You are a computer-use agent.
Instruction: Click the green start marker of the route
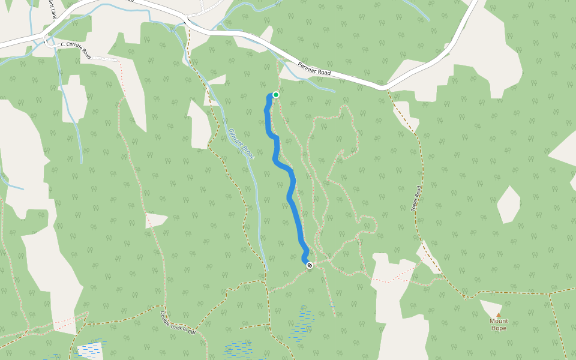276,94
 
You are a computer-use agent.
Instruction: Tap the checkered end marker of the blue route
310,265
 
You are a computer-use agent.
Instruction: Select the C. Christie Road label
76,49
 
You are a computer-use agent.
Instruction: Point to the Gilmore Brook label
241,145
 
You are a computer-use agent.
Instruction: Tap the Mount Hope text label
499,325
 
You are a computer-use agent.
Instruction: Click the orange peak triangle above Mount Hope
498,314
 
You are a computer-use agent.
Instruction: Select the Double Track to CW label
178,323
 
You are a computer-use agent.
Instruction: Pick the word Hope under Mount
499,328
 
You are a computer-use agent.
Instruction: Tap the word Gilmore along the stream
235,137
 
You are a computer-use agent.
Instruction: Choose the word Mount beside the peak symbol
499,321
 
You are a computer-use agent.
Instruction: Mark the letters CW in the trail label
193,331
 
